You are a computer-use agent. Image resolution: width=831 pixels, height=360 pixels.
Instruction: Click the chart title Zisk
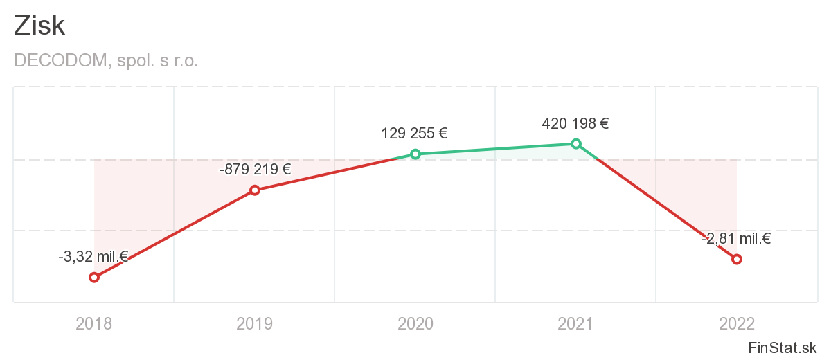click(39, 26)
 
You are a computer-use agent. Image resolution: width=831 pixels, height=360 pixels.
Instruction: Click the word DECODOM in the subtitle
click(60, 61)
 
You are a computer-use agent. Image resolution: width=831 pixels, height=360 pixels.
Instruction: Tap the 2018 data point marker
click(94, 278)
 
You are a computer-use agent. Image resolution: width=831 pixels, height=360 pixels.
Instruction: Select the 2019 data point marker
click(255, 190)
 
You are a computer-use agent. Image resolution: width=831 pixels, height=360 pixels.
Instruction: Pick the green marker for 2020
click(415, 154)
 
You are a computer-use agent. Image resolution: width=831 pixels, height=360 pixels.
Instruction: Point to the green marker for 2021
click(575, 143)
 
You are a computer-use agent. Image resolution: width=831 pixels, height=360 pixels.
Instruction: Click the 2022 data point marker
click(737, 259)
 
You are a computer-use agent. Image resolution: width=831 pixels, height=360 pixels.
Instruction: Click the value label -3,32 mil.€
click(93, 257)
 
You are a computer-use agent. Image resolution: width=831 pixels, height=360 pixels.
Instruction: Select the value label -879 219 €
click(254, 169)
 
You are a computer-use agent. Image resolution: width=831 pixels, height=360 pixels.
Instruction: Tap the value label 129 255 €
click(415, 133)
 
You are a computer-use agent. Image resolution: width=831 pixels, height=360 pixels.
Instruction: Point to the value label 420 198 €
click(575, 124)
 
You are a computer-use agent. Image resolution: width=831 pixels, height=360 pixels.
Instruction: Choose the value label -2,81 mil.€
click(736, 239)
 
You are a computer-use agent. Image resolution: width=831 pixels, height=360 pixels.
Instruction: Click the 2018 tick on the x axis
click(94, 323)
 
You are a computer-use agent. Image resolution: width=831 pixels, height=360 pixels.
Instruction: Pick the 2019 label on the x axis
click(255, 323)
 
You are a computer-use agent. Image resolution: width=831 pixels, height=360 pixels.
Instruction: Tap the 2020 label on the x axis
click(415, 323)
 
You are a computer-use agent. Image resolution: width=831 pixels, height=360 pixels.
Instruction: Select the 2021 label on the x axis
click(575, 323)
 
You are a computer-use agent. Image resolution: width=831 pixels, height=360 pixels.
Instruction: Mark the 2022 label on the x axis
click(737, 323)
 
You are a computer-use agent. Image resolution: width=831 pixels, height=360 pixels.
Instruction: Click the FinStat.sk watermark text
click(783, 347)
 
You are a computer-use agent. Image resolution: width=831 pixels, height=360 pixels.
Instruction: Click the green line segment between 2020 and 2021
click(495, 149)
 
